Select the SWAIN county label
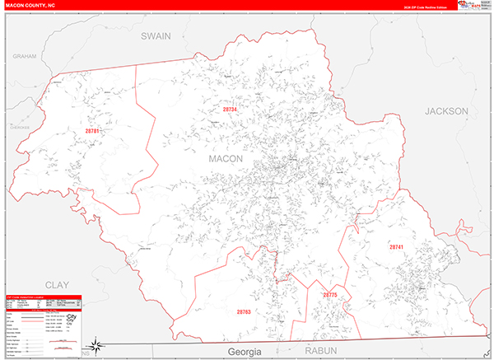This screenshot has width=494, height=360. pos(155,36)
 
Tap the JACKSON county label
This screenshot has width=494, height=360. pos(445,110)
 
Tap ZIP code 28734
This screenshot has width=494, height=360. pos(230,109)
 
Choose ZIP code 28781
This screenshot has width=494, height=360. pos(91,131)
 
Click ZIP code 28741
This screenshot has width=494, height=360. pos(397,247)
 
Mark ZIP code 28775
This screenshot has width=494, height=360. pos(329,294)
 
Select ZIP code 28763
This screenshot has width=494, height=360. pos(244,312)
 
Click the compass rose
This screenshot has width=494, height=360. pos(96,344)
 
